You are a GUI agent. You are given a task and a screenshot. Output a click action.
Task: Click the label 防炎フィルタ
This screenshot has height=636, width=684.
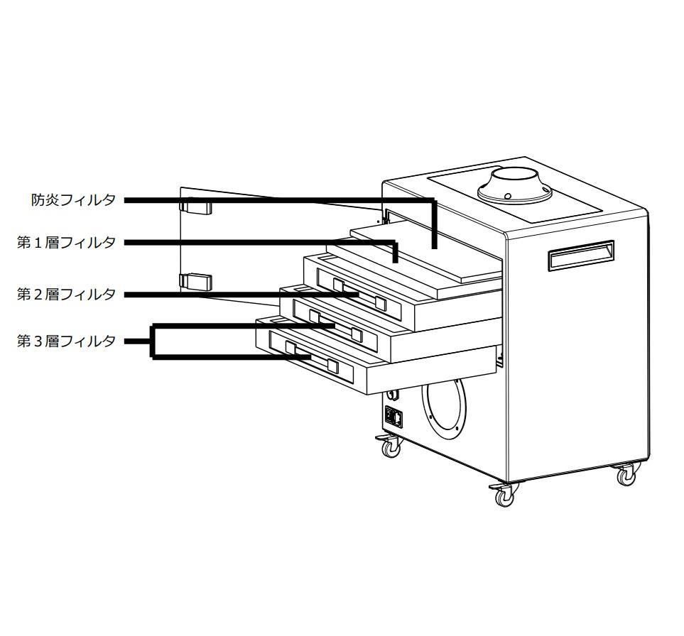tap(73, 200)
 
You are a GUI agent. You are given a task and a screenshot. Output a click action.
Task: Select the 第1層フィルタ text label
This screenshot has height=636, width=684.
tap(66, 243)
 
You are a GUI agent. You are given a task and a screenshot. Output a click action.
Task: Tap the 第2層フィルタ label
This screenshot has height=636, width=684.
tap(66, 294)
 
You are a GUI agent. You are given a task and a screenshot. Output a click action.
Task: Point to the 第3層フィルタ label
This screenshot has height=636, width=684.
tap(66, 341)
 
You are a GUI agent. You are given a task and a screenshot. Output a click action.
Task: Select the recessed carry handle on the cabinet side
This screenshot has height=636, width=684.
tap(580, 256)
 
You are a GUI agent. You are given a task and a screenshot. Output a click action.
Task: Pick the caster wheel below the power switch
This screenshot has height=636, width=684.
tap(390, 447)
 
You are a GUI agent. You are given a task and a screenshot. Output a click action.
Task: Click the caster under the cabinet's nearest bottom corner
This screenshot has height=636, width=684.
tap(505, 496)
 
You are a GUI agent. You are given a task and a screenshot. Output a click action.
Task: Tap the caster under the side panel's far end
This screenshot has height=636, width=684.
tap(626, 474)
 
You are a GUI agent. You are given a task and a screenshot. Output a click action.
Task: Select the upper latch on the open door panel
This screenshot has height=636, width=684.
tap(195, 207)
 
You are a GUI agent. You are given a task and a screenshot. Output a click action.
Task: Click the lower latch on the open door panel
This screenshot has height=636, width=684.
tap(195, 281)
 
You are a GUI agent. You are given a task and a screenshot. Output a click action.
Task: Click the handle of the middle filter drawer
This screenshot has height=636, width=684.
tap(335, 325)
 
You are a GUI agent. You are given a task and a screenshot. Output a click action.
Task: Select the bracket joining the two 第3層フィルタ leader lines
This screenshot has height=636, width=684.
tap(153, 341)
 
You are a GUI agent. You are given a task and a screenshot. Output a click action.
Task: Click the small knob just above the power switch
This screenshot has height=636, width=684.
tap(392, 395)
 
